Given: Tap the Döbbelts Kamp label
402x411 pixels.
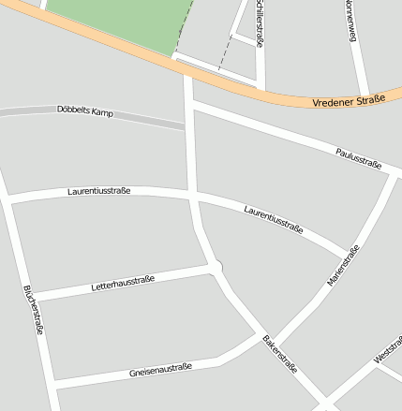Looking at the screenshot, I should click(x=84, y=110).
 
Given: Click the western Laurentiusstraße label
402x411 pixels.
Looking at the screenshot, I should click(x=98, y=191).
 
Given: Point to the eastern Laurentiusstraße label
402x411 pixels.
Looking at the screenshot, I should click(x=273, y=218).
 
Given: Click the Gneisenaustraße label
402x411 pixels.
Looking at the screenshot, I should click(x=160, y=370).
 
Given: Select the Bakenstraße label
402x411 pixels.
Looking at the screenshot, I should click(x=279, y=354).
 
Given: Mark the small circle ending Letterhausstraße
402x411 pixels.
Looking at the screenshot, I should click(x=217, y=268).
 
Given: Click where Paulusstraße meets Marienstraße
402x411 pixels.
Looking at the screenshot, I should click(x=394, y=176).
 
